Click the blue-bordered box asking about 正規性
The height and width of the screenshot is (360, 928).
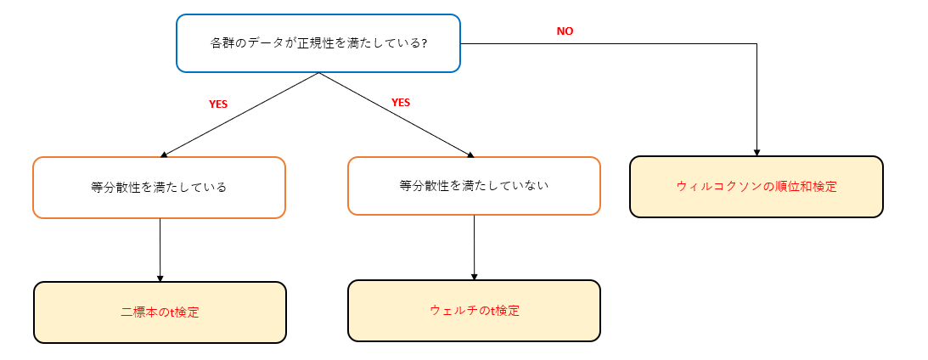click(318, 42)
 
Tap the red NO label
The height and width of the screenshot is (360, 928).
click(565, 31)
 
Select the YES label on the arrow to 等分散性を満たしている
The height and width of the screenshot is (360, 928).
click(218, 104)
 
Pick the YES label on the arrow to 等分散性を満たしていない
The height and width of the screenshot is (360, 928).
click(401, 102)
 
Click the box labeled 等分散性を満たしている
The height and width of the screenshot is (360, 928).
click(159, 188)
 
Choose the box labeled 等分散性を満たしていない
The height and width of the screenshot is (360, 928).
click(474, 185)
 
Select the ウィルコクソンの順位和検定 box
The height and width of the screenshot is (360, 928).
click(756, 187)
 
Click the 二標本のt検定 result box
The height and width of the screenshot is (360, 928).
click(160, 312)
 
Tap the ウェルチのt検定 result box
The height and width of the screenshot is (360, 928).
click(474, 311)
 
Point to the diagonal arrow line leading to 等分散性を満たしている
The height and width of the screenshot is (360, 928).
click(239, 115)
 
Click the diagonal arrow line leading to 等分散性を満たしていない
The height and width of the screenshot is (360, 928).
click(396, 115)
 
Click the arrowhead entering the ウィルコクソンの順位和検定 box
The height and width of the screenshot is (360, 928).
click(756, 152)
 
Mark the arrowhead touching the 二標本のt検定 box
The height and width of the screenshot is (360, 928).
click(160, 278)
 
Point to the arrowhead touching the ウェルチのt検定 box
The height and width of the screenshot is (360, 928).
click(474, 276)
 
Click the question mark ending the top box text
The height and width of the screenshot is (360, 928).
click(424, 43)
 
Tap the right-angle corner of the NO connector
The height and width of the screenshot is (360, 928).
click(756, 43)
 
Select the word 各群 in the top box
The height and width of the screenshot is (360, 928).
click(221, 43)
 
